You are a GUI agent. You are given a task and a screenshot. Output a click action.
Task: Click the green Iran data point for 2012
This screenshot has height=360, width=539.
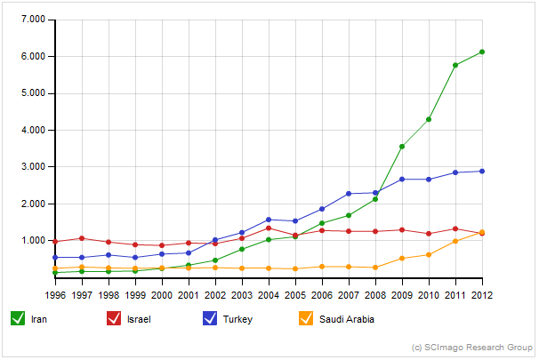[x=481, y=52]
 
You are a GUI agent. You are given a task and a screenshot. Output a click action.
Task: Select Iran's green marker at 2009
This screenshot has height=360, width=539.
[x=402, y=147]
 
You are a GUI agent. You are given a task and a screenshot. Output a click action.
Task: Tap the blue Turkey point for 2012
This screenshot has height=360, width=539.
[x=481, y=171]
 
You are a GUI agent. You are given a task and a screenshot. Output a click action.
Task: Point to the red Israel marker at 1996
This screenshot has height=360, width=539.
[x=55, y=242]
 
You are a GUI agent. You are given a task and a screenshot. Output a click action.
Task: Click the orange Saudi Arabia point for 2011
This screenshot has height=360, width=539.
[x=455, y=241]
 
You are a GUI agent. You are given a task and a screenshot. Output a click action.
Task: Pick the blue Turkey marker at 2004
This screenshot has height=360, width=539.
[x=269, y=220]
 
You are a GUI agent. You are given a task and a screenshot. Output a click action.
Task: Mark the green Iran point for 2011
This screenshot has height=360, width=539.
[x=455, y=65]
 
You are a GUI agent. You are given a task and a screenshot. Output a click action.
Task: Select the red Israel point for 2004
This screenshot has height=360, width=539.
[x=269, y=228]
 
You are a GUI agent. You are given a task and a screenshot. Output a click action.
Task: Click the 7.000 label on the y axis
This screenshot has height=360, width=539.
[x=33, y=19]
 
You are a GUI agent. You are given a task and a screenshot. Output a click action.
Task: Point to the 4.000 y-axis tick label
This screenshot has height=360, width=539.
[x=33, y=130]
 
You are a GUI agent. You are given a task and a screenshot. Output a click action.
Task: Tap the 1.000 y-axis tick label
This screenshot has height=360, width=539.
[x=33, y=241]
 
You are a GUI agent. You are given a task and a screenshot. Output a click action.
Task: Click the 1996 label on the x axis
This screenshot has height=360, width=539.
[x=55, y=293]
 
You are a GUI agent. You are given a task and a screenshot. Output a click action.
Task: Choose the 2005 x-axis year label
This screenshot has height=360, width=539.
[x=295, y=293]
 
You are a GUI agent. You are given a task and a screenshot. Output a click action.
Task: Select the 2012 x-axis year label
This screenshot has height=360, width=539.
[x=481, y=293]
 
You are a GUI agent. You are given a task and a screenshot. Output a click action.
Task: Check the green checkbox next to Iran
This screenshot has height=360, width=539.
[x=17, y=318]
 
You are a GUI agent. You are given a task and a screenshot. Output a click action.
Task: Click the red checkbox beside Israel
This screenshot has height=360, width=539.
[x=114, y=318]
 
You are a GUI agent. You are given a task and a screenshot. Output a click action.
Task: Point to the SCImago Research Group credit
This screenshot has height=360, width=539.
[x=473, y=347]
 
